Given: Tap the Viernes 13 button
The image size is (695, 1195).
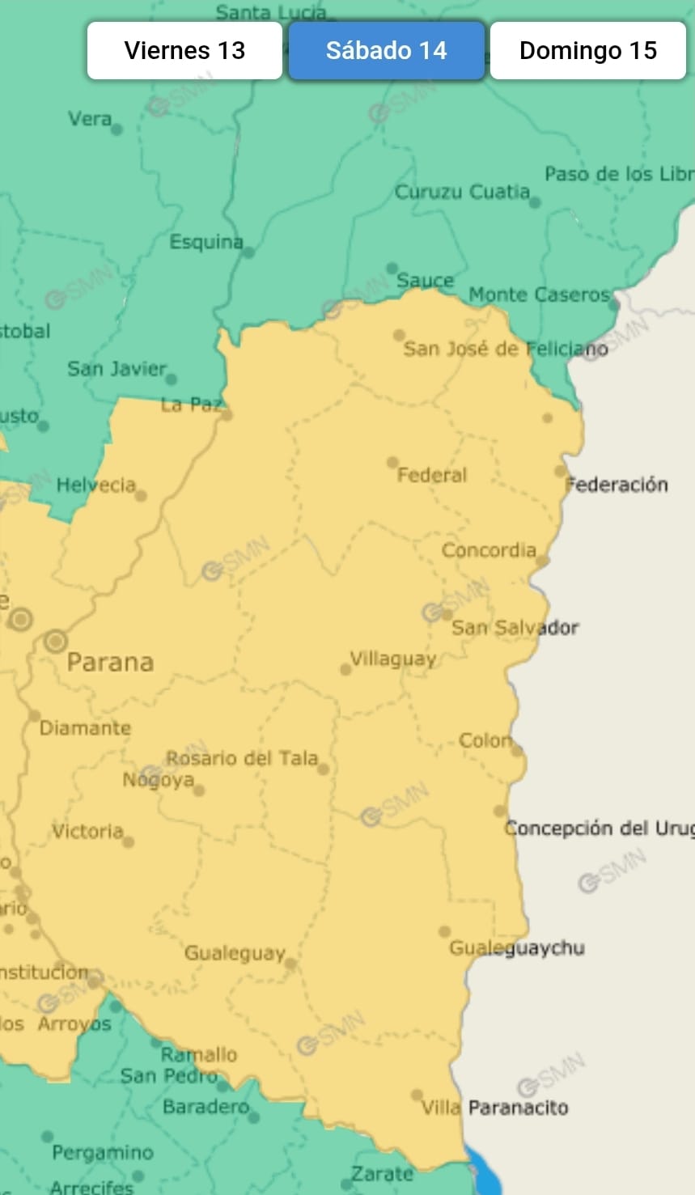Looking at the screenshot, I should coord(184,50).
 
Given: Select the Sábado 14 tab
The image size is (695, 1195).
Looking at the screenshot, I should coord(386,50).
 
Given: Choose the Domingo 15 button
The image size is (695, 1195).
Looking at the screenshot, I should coord(587,50).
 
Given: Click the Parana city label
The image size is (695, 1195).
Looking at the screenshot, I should coord(110,662).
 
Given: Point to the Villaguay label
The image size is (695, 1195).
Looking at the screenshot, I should coord(393,659).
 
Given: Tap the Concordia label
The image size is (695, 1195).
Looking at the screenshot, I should coord(489,550).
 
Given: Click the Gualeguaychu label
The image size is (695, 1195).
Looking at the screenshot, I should coord(517,947).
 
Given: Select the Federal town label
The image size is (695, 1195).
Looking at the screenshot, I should coord(432,475).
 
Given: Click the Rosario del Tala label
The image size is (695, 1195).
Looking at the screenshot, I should coord(242,758).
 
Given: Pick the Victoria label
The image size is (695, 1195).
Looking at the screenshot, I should coord(87,831).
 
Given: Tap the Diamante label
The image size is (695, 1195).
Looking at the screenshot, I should coord(85,727).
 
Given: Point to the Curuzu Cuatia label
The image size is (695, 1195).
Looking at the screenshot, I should coord(462,192).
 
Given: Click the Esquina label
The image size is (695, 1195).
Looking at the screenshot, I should coord(206,241).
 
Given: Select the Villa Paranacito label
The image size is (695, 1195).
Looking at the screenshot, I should coord(494,1107).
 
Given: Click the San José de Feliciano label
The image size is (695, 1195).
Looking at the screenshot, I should coord(506,349).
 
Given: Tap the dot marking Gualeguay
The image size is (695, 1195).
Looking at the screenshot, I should coord(290,964).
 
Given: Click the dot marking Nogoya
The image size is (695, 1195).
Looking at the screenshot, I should coord(199,790).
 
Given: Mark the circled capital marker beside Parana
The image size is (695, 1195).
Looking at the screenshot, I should coord(55,642).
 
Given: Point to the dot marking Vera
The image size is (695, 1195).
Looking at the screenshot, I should coord(117,129).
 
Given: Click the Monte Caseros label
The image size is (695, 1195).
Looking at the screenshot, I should coord(539,295).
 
